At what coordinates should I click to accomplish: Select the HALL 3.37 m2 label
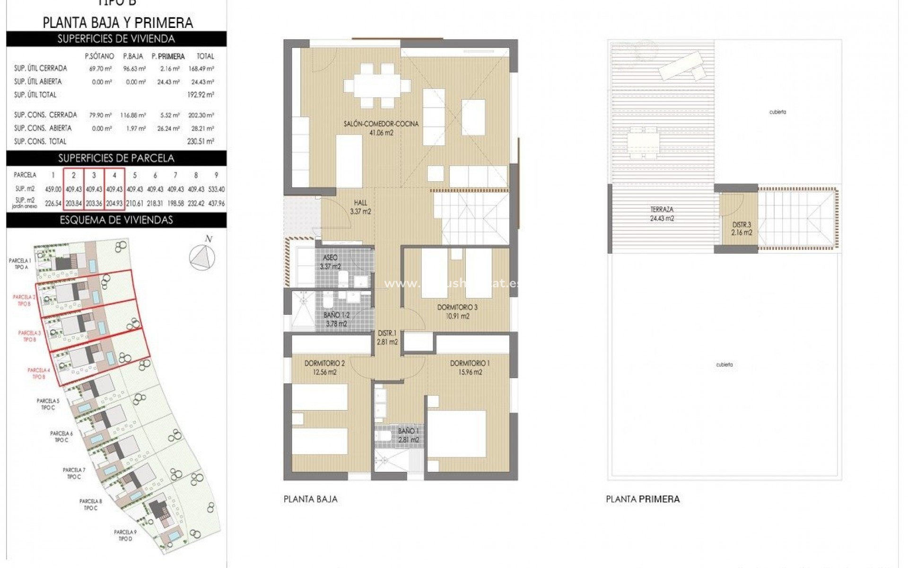pos(360,207)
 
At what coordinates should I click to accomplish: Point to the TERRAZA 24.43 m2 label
pos(662,213)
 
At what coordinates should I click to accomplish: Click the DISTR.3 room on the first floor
pos(742,229)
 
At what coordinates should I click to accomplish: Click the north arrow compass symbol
pos(202,257)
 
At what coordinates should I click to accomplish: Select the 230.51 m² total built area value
pos(201,142)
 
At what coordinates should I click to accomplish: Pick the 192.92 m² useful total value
pos(201,95)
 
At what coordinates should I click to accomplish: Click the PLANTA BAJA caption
pos(310,499)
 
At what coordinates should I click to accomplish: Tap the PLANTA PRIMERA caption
pos(643,499)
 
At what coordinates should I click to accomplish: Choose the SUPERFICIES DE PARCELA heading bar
pos(116,158)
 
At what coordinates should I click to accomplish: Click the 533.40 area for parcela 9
pos(216,189)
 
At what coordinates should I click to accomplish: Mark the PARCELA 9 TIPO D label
pos(125,535)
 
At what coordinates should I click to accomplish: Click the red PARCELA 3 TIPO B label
pos(29,336)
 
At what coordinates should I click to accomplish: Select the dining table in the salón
pos(377,86)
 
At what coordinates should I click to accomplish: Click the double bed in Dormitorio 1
pos(457,434)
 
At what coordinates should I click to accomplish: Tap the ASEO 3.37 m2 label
pos(330,262)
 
